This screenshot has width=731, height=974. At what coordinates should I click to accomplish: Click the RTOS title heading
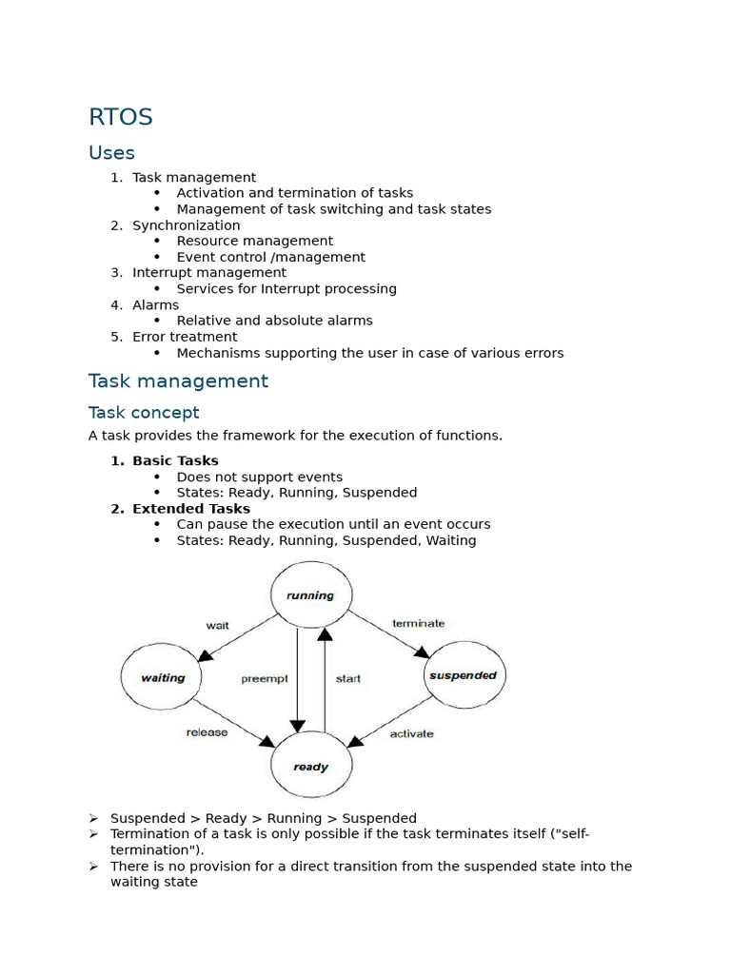click(x=121, y=117)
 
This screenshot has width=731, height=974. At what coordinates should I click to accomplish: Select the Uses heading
click(x=111, y=153)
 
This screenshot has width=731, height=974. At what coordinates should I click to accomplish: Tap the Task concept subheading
click(x=144, y=412)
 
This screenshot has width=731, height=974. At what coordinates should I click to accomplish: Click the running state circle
click(x=311, y=595)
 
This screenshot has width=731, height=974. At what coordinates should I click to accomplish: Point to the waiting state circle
click(x=162, y=678)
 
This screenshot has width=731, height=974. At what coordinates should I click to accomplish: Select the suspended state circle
click(x=464, y=675)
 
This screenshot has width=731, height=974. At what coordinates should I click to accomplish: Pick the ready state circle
click(x=311, y=766)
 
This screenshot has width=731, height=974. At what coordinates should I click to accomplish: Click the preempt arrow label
click(x=265, y=679)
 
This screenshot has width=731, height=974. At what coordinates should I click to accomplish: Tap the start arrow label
click(x=348, y=679)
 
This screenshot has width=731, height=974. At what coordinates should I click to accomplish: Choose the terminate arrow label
click(x=419, y=623)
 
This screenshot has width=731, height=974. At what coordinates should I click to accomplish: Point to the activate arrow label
click(x=411, y=733)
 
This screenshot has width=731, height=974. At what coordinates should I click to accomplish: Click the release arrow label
click(x=207, y=732)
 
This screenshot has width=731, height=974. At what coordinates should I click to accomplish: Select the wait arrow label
click(x=217, y=625)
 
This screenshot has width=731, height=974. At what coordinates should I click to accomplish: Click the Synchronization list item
click(x=186, y=225)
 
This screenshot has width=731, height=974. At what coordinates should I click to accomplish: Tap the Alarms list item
click(x=155, y=305)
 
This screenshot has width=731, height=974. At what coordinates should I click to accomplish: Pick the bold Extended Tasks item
click(x=190, y=509)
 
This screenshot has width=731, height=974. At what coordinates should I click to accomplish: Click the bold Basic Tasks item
click(x=175, y=461)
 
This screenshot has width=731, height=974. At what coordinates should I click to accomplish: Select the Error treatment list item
click(x=185, y=337)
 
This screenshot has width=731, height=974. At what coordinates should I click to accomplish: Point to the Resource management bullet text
click(x=254, y=241)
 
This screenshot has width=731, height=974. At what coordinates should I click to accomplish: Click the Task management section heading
click(x=178, y=381)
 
